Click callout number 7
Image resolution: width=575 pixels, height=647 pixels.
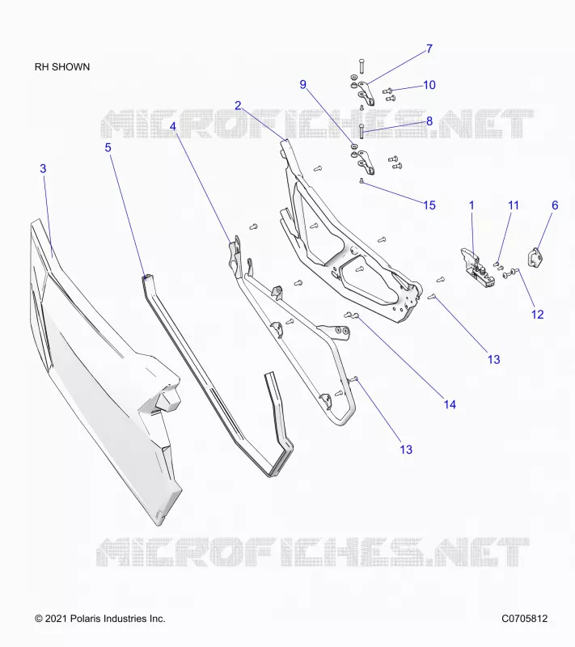429,49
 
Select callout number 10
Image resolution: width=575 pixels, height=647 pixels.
429,85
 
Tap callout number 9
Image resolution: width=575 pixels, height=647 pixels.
302,85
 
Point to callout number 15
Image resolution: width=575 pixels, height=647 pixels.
429,205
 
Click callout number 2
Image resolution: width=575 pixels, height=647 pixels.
238,106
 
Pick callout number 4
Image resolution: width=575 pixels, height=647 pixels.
173,127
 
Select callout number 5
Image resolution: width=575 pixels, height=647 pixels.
108,148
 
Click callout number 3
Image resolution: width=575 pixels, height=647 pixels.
43,169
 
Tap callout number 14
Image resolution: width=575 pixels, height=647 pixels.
450,404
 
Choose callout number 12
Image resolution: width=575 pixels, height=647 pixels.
537,315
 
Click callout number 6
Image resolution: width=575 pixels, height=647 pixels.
555,205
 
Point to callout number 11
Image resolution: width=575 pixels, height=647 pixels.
513,205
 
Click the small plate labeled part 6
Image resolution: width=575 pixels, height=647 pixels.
535,258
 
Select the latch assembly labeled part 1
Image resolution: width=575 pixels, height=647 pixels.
476,268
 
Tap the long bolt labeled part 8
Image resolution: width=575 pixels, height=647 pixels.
361,132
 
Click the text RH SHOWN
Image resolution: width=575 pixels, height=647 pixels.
62,67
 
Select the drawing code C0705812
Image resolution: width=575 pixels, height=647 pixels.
525,619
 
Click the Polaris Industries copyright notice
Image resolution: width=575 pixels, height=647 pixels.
100,619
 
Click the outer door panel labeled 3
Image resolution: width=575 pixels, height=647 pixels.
104,371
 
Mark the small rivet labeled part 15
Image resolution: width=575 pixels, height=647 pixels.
361,180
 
